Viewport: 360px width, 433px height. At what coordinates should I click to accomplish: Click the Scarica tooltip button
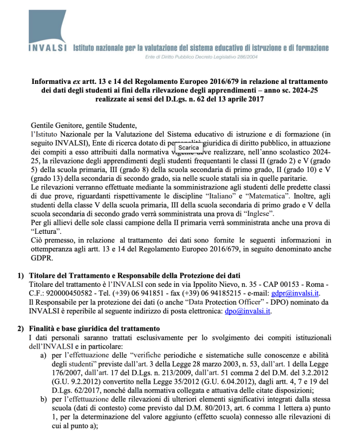click(x=188, y=147)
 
